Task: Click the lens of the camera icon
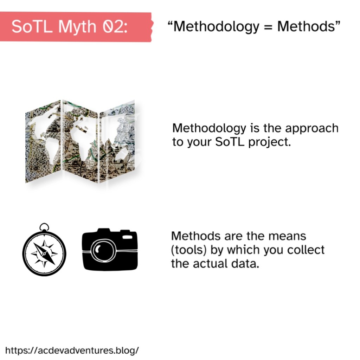pyautogui.click(x=103, y=250)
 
